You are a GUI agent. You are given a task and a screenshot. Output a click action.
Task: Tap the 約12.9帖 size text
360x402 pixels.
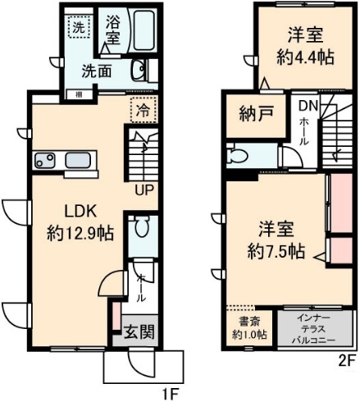79,232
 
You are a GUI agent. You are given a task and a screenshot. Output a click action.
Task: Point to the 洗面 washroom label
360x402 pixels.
96,71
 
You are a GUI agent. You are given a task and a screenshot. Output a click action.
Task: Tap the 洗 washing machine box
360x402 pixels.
77,27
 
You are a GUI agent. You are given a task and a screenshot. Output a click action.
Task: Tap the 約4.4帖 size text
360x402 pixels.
304,57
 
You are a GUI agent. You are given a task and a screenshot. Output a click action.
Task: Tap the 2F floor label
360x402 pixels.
348,359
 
